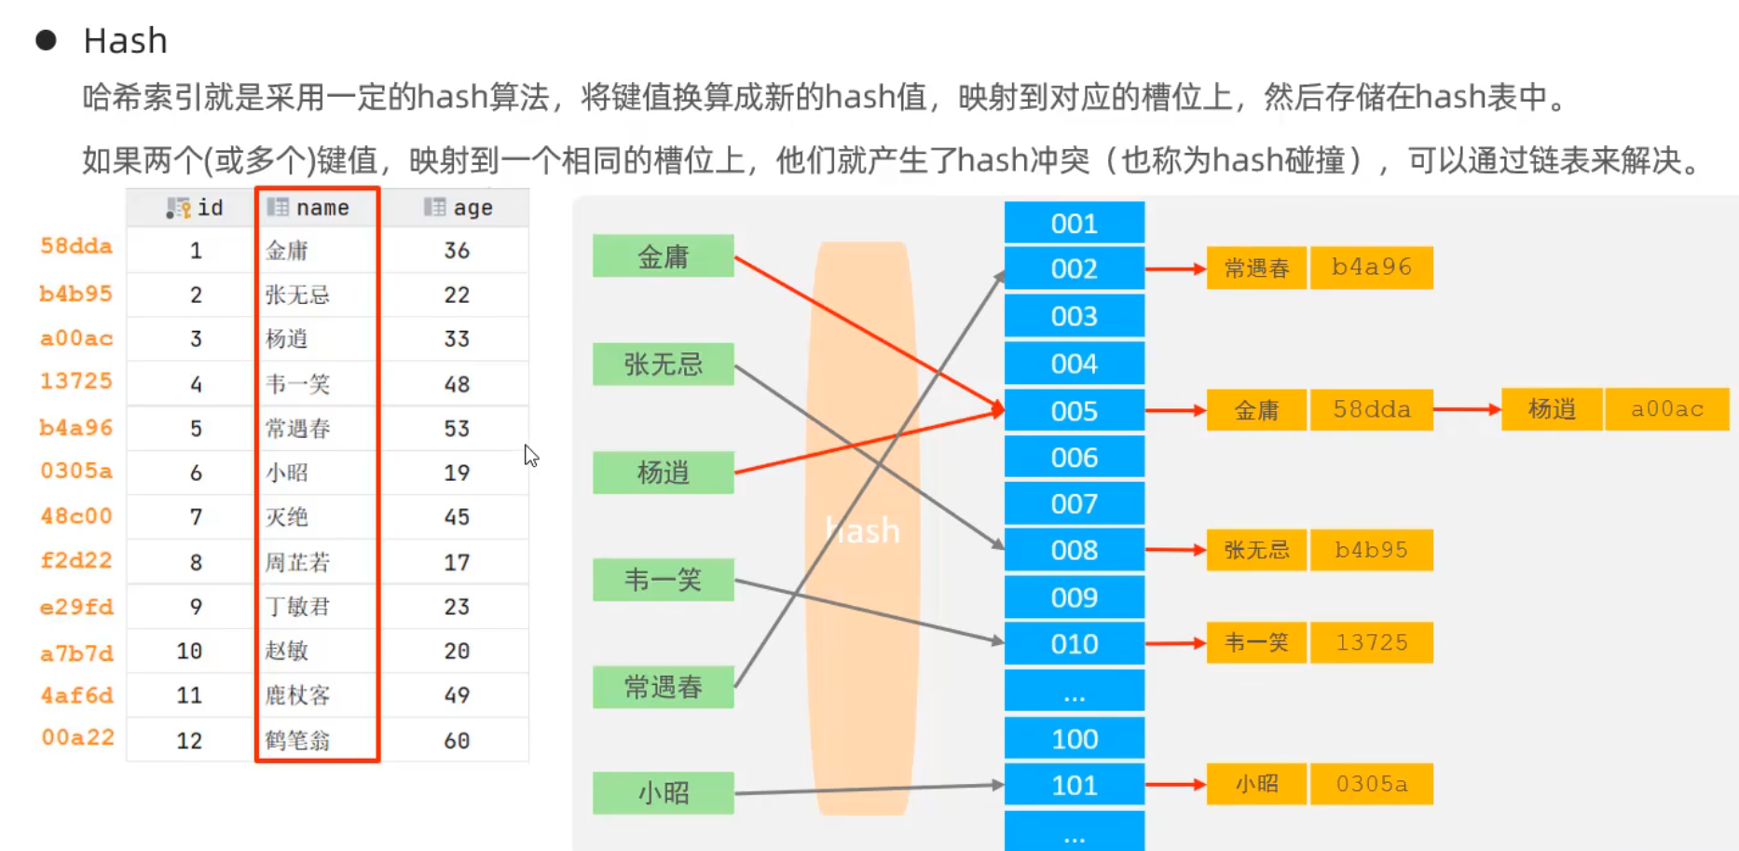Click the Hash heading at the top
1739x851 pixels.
point(125,41)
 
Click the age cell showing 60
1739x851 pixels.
point(457,741)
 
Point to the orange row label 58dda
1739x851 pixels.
point(76,246)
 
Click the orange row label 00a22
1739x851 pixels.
point(77,737)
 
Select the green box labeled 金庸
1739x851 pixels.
point(663,256)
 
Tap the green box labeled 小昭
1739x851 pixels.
point(663,793)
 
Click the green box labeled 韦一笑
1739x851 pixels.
point(663,580)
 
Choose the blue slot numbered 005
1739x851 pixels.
point(1074,411)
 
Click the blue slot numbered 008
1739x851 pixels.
point(1074,550)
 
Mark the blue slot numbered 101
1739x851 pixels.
point(1074,786)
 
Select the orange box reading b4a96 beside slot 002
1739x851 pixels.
point(1371,268)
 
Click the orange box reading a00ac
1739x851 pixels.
point(1666,409)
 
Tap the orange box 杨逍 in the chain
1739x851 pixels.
point(1552,409)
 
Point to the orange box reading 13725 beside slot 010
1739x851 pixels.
point(1371,643)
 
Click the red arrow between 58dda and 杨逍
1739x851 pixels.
point(1467,409)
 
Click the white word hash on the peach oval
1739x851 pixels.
point(863,530)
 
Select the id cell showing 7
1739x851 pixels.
point(196,517)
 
